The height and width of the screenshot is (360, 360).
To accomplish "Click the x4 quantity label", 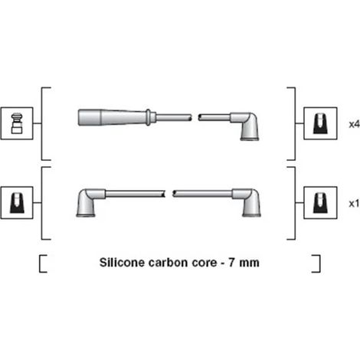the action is coord(355,124).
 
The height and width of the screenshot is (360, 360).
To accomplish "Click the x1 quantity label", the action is coord(355,204).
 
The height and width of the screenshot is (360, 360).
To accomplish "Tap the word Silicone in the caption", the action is coord(122,263).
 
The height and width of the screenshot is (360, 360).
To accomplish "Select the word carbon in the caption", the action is coord(169,263).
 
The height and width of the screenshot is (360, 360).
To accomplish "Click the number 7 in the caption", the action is coord(231,263).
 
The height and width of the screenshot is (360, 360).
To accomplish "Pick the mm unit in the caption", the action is coord(249,263).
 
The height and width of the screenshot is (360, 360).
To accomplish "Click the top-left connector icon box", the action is coord(17,123).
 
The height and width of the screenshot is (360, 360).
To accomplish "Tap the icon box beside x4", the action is coord(320,123).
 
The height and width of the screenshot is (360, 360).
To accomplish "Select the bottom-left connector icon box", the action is coord(17,203).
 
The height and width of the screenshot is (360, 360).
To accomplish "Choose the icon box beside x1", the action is coord(320,203).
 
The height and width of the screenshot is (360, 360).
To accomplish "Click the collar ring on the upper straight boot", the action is coord(148,117).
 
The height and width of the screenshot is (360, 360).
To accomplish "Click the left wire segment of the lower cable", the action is coord(136,194).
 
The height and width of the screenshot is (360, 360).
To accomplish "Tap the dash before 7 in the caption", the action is coord(223,263).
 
